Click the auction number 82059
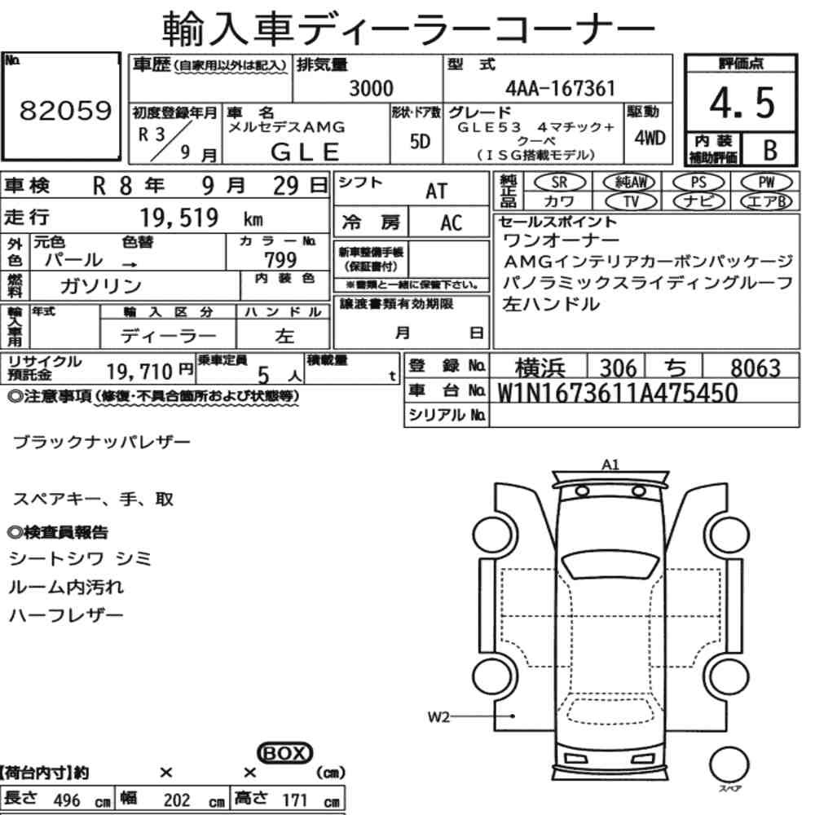tap(65, 110)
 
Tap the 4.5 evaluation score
tap(742, 103)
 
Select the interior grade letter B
tap(770, 150)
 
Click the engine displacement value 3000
tap(371, 88)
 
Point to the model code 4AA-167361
tap(560, 88)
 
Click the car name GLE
tap(305, 152)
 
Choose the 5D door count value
tap(420, 141)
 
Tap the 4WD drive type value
tap(650, 138)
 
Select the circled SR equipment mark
tap(560, 183)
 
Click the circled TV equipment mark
tap(632, 201)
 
